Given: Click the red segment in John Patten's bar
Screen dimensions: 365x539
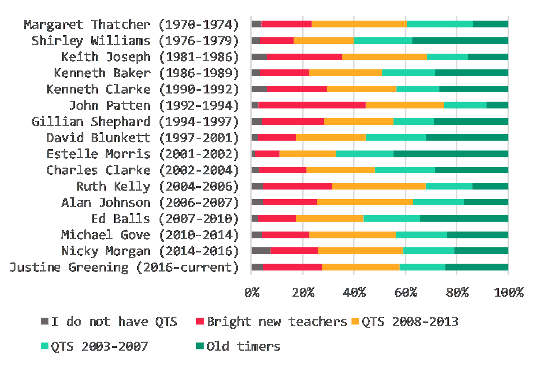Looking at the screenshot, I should tap(312, 105).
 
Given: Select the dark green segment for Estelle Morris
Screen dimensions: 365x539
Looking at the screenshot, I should tap(451, 154).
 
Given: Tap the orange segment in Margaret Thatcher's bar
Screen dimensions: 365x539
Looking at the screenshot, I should tap(359, 24).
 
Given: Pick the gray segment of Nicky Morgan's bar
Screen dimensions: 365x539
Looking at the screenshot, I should tap(261, 251).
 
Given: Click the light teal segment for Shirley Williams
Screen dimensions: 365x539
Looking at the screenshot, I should tap(383, 40).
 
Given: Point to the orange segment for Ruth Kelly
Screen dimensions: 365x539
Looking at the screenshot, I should tap(378, 186).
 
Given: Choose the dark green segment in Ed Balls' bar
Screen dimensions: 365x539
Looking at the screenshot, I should tap(464, 218).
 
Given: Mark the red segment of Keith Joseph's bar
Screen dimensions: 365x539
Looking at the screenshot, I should tap(304, 56).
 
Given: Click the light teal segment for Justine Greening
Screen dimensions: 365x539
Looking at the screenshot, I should tap(422, 267).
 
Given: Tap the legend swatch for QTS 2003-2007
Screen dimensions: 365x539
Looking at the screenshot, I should tap(45, 346).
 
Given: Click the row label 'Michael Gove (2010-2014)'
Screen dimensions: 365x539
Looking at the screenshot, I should tap(150, 235).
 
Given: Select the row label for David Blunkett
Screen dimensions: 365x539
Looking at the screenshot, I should tap(142, 138).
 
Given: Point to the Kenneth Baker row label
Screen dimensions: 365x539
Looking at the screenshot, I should tap(146, 73).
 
